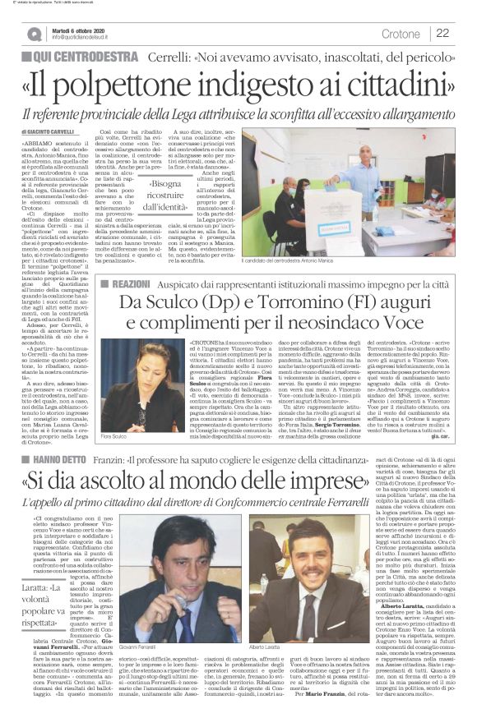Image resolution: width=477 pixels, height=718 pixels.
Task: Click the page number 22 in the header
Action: coord(442,33)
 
